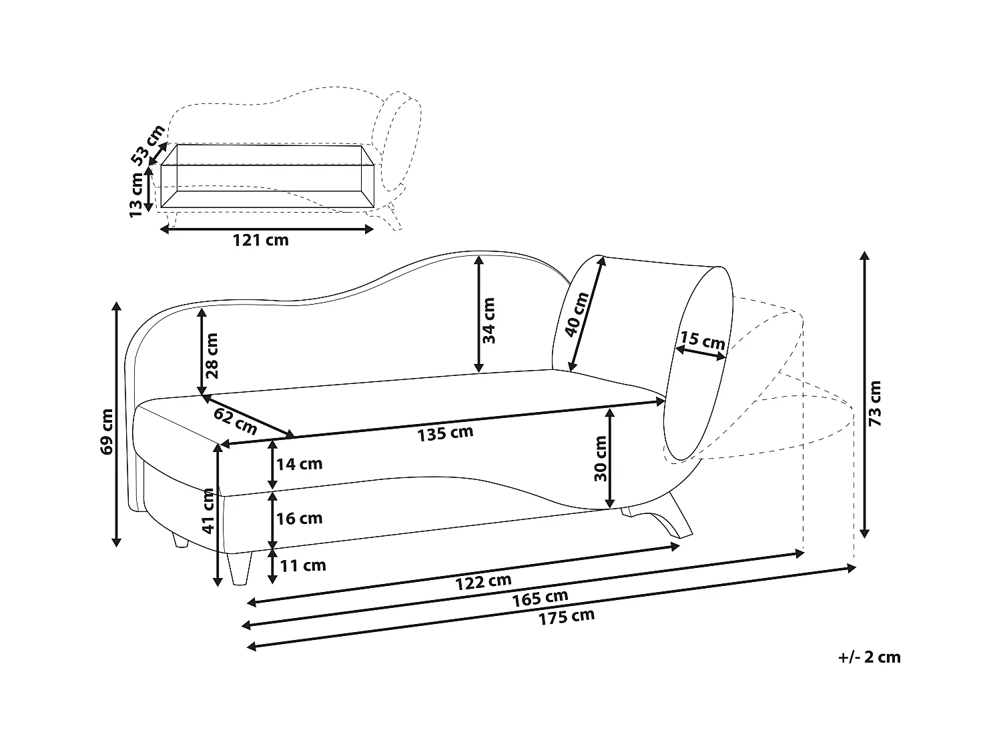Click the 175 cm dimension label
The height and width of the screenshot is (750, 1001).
pyautogui.click(x=566, y=617)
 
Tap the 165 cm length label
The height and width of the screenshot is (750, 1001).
pyautogui.click(x=540, y=598)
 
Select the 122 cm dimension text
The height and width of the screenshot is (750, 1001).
pyautogui.click(x=483, y=582)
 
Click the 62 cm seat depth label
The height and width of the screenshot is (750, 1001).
pyautogui.click(x=235, y=421)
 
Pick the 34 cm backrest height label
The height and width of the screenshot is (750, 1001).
pyautogui.click(x=489, y=320)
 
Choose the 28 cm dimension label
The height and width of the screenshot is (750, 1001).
pyautogui.click(x=212, y=355)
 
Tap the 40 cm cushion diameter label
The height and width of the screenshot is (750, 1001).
pyautogui.click(x=577, y=315)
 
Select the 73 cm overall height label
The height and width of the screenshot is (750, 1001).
pyautogui.click(x=876, y=403)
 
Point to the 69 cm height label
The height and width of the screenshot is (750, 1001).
pyautogui.click(x=106, y=431)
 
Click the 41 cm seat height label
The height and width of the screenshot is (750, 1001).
pyautogui.click(x=208, y=511)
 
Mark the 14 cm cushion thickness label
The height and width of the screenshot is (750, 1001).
pyautogui.click(x=300, y=464)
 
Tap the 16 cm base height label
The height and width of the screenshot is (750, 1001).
pyautogui.click(x=300, y=518)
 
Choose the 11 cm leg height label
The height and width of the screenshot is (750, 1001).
pyautogui.click(x=303, y=566)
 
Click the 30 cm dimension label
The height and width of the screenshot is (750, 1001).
pyautogui.click(x=600, y=459)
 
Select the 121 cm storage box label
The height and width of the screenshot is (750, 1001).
pyautogui.click(x=260, y=240)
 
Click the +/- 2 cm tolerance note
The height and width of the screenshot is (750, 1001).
pyautogui.click(x=869, y=657)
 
